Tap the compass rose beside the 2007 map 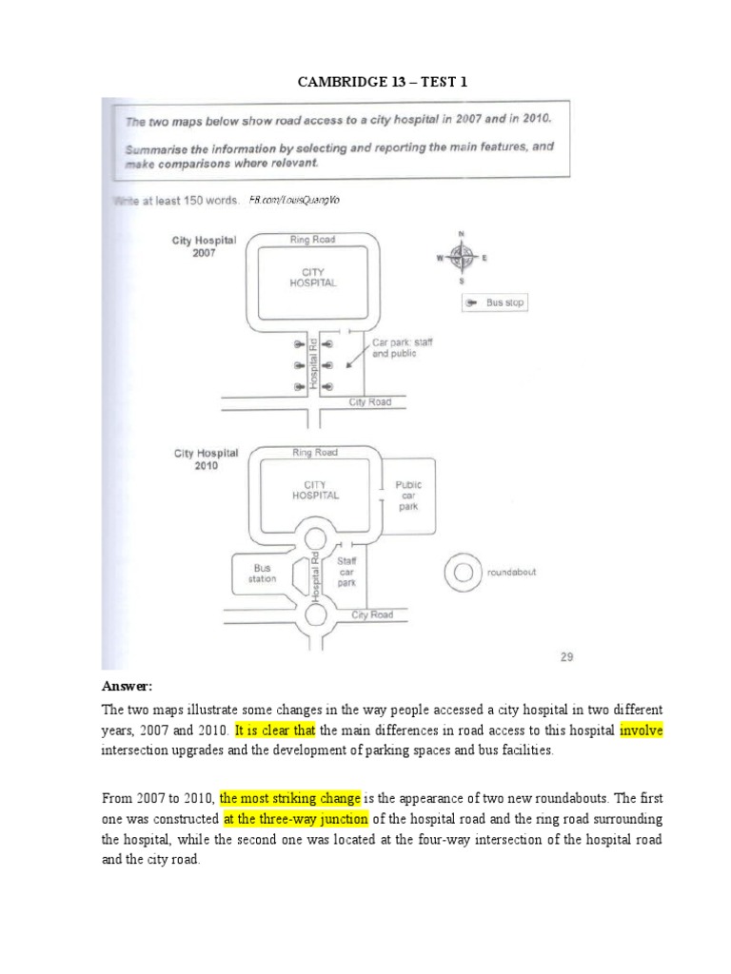pyautogui.click(x=461, y=256)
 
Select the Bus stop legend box pyautogui.click(x=493, y=302)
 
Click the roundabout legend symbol pyautogui.click(x=464, y=573)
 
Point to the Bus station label pyautogui.click(x=262, y=573)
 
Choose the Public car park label pyautogui.click(x=408, y=495)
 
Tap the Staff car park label pyautogui.click(x=346, y=573)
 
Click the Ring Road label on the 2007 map pyautogui.click(x=313, y=241)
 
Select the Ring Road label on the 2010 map pyautogui.click(x=314, y=453)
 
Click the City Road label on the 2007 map pyautogui.click(x=369, y=402)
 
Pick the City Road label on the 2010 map pyautogui.click(x=371, y=614)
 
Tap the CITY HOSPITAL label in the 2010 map pyautogui.click(x=315, y=489)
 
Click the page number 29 pyautogui.click(x=563, y=655)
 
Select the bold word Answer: pyautogui.click(x=128, y=687)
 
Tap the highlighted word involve pyautogui.click(x=642, y=731)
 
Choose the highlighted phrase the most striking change pyautogui.click(x=287, y=798)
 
